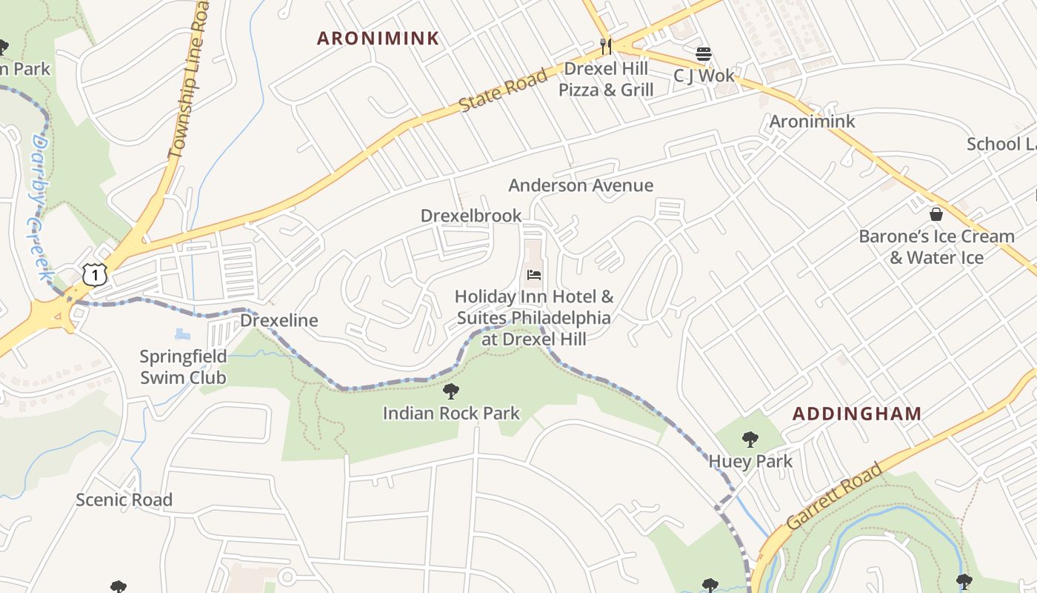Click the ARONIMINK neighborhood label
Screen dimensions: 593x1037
pyautogui.click(x=379, y=39)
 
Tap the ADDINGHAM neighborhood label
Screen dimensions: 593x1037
pyautogui.click(x=857, y=414)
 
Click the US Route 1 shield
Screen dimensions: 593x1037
pyautogui.click(x=95, y=274)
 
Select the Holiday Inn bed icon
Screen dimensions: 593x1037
pyautogui.click(x=534, y=275)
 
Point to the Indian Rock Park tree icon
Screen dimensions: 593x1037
pyautogui.click(x=450, y=391)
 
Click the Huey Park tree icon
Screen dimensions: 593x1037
pyautogui.click(x=750, y=440)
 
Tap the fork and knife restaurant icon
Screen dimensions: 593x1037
pyautogui.click(x=606, y=47)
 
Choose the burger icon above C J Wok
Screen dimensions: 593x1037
pyautogui.click(x=703, y=54)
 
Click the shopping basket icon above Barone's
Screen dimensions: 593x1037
pyautogui.click(x=936, y=214)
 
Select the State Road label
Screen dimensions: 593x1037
pyautogui.click(x=503, y=90)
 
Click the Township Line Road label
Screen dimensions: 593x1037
pyautogui.click(x=188, y=82)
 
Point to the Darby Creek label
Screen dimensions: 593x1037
pyautogui.click(x=37, y=208)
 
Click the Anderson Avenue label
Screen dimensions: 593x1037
pyautogui.click(x=581, y=185)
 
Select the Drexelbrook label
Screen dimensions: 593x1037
pyautogui.click(x=471, y=216)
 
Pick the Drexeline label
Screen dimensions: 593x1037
pyautogui.click(x=279, y=321)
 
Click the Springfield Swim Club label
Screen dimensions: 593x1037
pyautogui.click(x=183, y=367)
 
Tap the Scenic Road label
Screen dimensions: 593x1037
pyautogui.click(x=124, y=500)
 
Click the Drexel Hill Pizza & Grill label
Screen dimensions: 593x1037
pyautogui.click(x=606, y=79)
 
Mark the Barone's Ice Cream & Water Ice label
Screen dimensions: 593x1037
pyautogui.click(x=936, y=247)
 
